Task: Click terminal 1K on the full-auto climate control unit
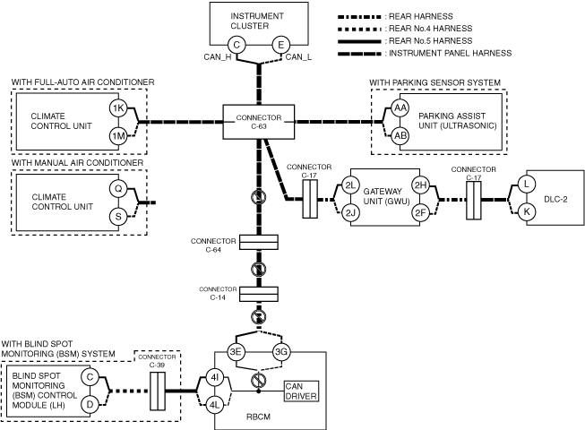118,108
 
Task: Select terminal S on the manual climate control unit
118,216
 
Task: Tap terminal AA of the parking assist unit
400,108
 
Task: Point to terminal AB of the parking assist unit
400,136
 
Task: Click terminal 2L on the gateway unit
350,185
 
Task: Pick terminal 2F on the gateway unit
420,213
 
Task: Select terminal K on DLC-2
527,211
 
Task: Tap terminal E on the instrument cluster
280,45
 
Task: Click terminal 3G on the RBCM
281,352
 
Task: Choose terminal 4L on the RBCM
214,405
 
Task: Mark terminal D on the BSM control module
90,404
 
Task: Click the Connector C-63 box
259,122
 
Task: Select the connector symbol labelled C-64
259,242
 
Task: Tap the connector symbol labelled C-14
259,294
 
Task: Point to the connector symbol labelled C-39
158,391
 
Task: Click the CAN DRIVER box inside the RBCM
301,391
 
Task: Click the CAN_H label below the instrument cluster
218,57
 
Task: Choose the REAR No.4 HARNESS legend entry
405,29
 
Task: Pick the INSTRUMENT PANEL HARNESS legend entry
425,54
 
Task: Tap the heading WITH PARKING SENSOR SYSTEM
435,82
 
